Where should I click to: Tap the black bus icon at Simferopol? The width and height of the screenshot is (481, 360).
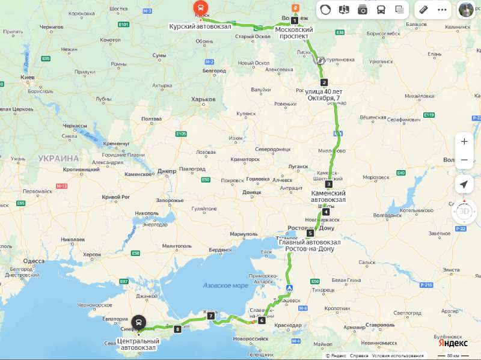[139, 323]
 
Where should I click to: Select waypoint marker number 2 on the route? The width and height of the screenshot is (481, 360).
[324, 83]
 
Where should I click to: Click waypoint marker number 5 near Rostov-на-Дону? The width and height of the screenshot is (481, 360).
[310, 233]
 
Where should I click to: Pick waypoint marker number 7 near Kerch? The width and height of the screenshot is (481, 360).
[211, 316]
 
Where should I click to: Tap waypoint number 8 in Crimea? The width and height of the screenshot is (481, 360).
[177, 329]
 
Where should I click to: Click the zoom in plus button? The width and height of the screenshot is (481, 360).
[464, 142]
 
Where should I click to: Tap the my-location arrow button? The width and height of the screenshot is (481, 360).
[464, 184]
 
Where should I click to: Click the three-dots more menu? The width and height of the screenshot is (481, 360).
[442, 10]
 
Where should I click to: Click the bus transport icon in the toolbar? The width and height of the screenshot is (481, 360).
[381, 10]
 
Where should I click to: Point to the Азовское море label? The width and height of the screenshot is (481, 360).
[225, 285]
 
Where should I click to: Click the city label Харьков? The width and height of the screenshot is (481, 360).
[203, 99]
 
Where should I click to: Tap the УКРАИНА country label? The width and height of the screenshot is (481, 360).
[58, 158]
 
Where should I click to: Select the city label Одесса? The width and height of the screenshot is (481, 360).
[34, 261]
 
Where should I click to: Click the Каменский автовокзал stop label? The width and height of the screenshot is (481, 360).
[328, 197]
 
